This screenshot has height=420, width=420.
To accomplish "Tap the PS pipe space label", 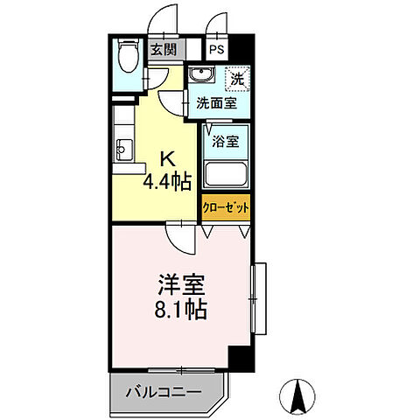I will [216, 50].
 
